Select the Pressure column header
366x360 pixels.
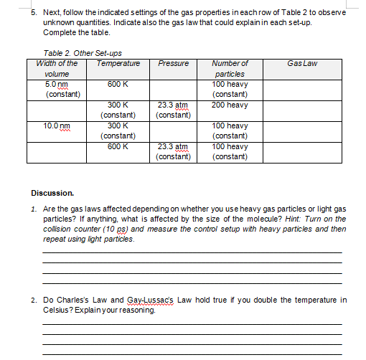click(174, 63)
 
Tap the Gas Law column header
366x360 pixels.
click(301, 63)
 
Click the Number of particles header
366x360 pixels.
click(230, 68)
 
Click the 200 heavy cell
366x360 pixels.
click(230, 105)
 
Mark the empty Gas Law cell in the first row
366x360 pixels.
click(301, 90)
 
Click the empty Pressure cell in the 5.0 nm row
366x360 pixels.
click(174, 90)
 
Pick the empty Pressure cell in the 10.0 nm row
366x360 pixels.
click(174, 131)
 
